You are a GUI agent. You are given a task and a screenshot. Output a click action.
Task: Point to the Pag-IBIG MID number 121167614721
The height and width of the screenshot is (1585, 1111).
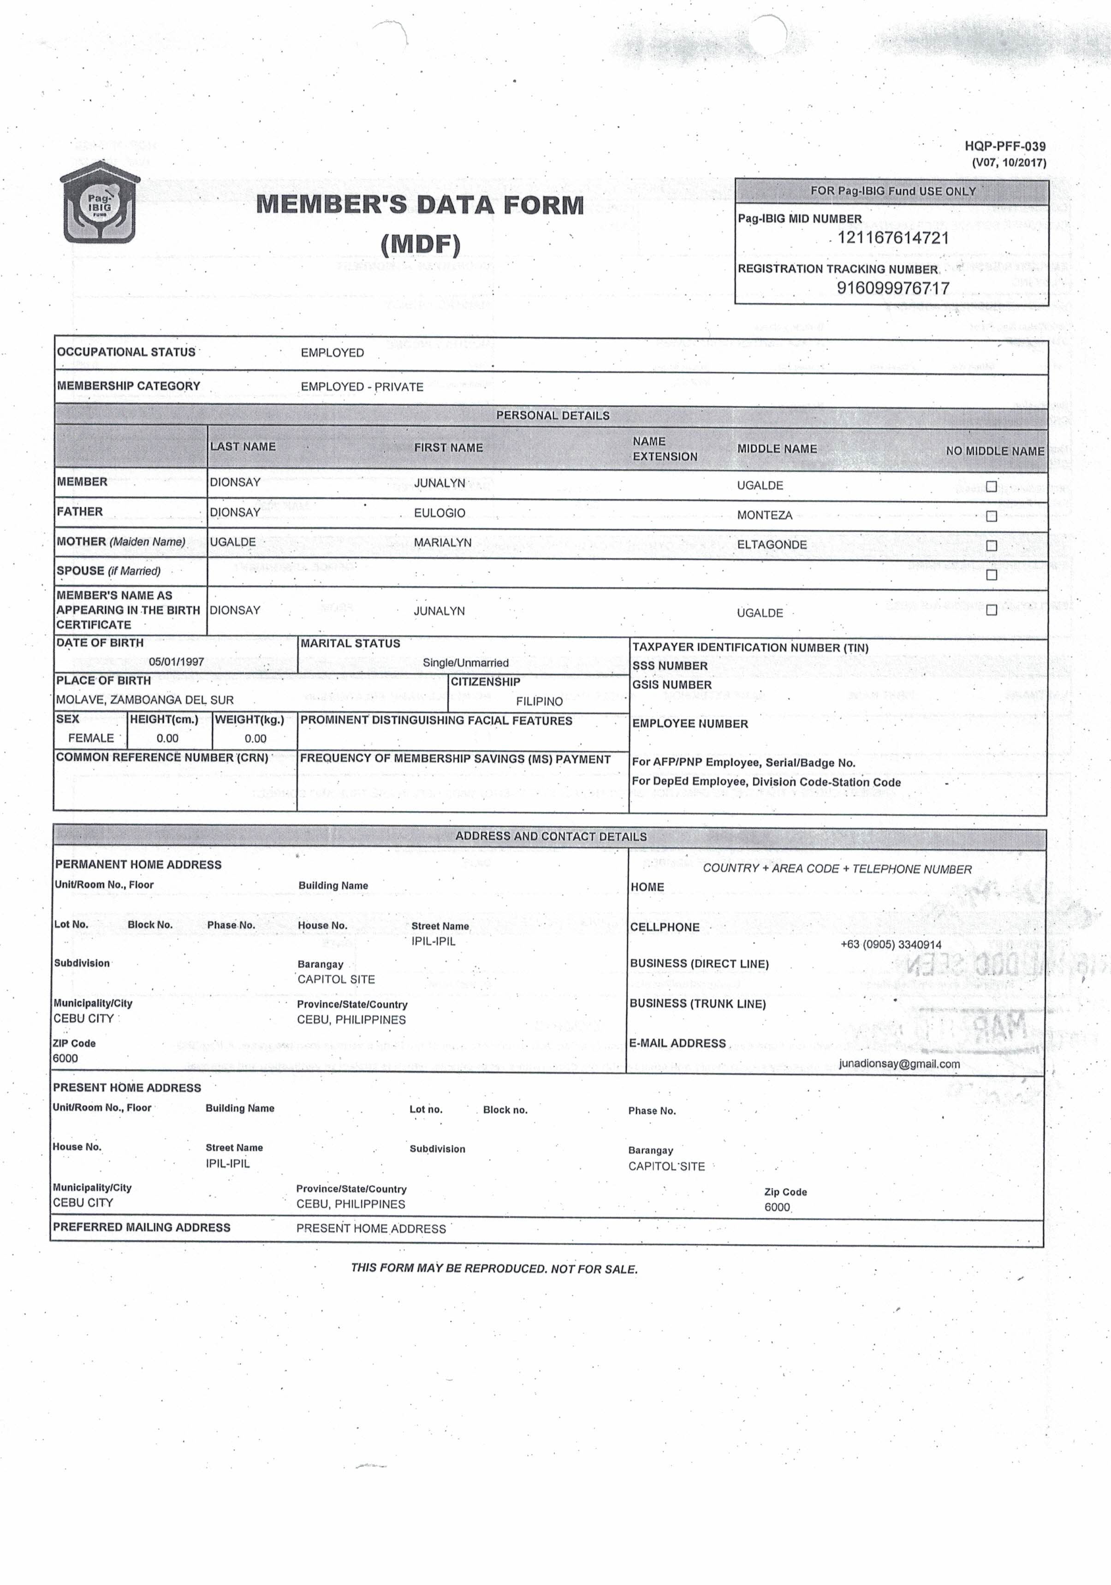pos(893,238)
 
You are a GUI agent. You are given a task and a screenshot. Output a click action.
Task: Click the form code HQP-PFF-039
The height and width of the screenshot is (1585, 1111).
pos(1004,146)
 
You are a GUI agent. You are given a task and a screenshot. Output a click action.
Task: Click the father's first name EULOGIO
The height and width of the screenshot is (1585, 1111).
pos(439,513)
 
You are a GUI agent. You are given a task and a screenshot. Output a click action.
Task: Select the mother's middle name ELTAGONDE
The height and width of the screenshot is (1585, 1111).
pos(771,545)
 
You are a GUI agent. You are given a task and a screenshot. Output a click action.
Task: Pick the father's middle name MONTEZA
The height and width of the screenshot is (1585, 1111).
pos(764,515)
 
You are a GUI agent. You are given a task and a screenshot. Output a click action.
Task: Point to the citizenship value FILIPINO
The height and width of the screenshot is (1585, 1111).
pos(539,701)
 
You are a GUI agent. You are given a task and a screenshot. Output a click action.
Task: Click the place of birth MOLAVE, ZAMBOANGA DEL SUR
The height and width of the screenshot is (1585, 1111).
pos(145,700)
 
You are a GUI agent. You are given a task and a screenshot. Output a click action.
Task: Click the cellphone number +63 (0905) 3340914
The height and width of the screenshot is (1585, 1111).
pos(891,944)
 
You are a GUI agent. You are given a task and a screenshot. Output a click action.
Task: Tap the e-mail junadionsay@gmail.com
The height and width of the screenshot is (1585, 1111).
pos(899,1064)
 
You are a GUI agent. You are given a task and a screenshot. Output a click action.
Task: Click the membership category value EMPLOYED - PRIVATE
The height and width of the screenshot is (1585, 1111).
pos(362,386)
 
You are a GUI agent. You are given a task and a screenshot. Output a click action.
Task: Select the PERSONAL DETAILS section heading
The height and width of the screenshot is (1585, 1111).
pos(553,416)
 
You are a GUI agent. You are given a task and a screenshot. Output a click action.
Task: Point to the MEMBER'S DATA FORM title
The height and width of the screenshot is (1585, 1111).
pos(420,205)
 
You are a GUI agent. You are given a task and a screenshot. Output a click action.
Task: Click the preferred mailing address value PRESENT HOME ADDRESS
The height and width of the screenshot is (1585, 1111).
pos(371,1229)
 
